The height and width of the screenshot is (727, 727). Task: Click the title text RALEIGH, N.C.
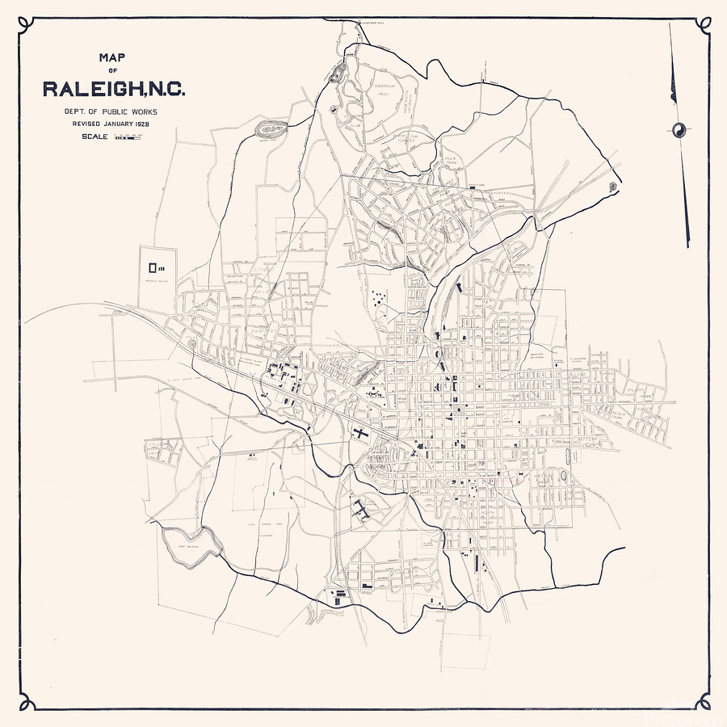(x=114, y=88)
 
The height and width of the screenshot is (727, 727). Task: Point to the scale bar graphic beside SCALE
(x=127, y=137)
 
